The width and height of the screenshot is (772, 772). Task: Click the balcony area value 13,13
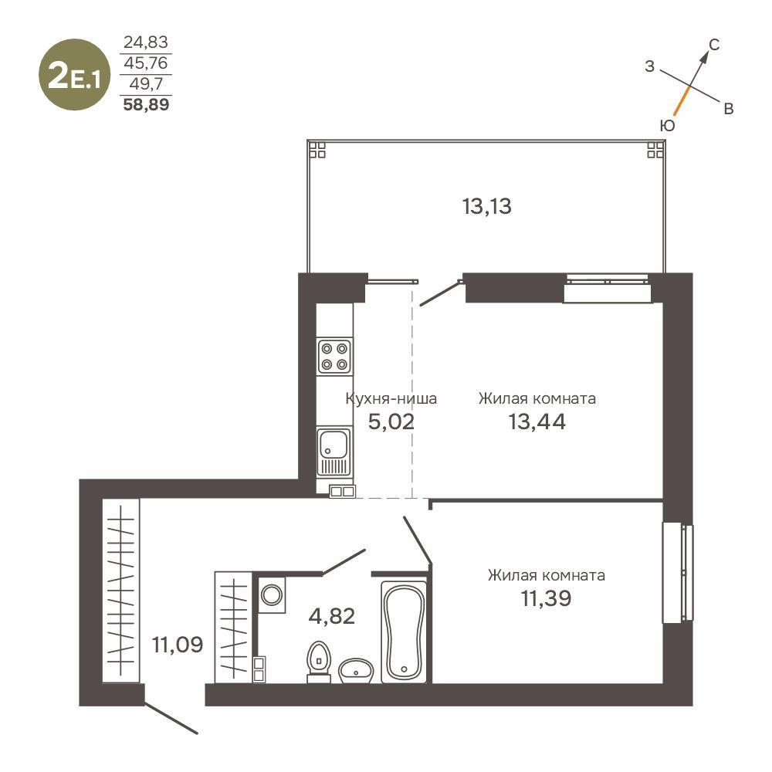point(487,207)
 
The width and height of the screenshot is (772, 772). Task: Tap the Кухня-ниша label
point(391,399)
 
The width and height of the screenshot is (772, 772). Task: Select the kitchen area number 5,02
point(391,422)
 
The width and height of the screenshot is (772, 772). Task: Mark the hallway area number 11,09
point(178,644)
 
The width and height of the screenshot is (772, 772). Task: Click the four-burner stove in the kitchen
point(335,356)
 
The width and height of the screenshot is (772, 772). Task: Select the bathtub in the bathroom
point(404,631)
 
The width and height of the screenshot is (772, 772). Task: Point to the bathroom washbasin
point(356,669)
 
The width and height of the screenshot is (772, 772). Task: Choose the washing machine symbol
point(272,595)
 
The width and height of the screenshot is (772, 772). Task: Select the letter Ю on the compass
point(668,125)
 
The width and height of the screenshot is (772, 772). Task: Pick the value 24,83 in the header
point(146,42)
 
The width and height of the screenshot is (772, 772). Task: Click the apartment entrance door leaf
point(171,717)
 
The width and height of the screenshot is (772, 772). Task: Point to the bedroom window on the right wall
point(678,572)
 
